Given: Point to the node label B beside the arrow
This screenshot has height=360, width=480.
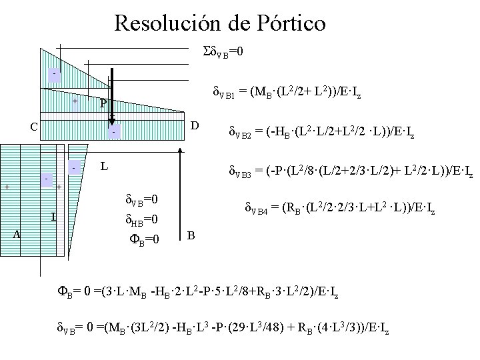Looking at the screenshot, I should click(191, 235).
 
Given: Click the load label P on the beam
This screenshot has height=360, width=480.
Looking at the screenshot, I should click(101, 104).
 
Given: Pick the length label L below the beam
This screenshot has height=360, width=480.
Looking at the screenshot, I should click(104, 164).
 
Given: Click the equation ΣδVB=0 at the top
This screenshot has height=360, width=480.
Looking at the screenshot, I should click(227, 51).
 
